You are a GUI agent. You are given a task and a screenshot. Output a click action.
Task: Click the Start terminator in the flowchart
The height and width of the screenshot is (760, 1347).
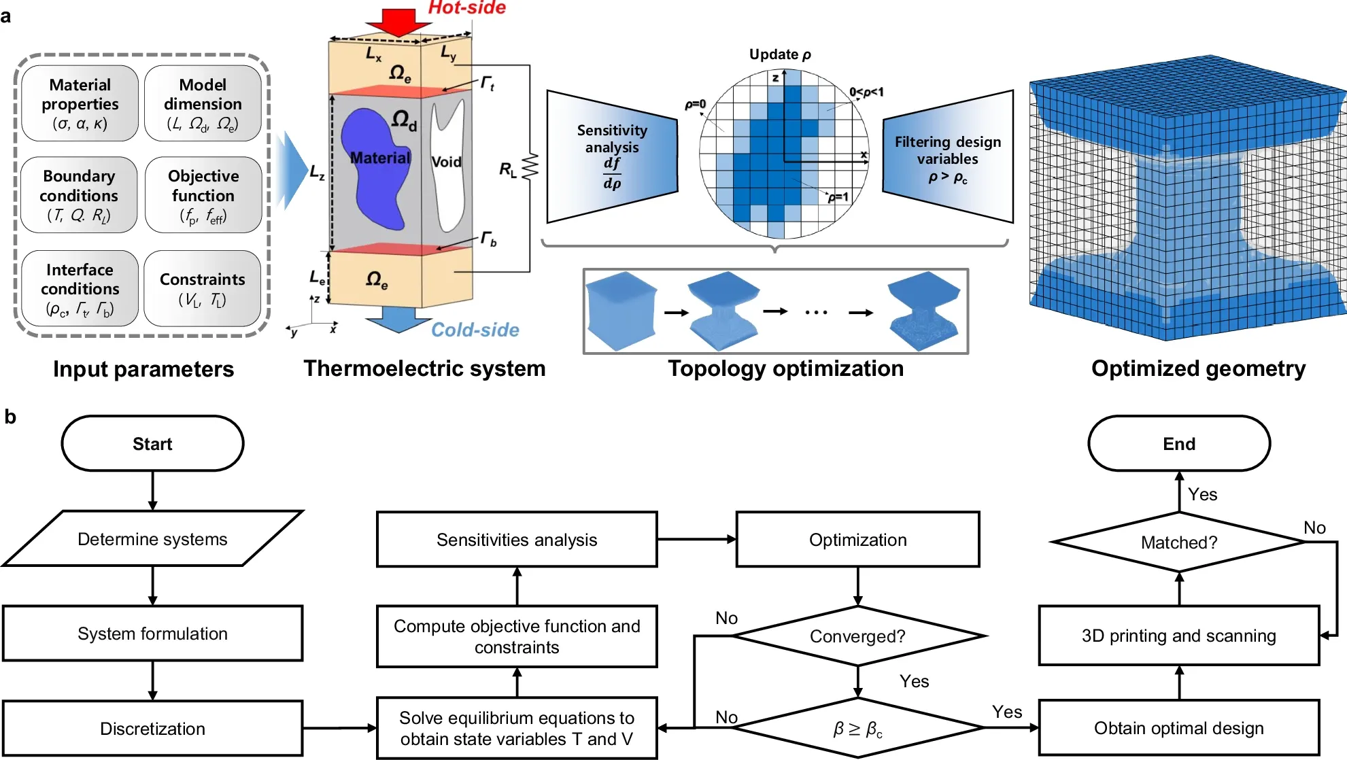point(152,444)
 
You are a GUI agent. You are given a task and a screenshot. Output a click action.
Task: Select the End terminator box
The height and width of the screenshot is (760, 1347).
point(1178,444)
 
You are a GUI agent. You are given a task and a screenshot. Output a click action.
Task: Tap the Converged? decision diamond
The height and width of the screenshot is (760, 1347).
point(857,636)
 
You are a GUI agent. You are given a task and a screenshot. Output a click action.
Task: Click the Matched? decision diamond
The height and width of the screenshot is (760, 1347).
point(1178,542)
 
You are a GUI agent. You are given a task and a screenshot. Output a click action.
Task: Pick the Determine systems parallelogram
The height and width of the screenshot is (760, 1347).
point(152,539)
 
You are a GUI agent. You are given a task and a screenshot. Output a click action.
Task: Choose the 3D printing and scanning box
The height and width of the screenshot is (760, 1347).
point(1178,636)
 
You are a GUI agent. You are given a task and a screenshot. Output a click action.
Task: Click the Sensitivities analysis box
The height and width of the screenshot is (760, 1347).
point(517,540)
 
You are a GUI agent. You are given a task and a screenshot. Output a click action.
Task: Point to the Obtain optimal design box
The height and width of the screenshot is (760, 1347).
point(1178,728)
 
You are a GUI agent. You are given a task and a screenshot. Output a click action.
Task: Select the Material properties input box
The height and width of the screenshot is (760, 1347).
point(80,103)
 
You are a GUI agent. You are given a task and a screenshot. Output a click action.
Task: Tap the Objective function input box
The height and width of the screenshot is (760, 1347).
point(203,196)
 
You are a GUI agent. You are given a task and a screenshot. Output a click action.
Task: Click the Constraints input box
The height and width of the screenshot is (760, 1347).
point(203,289)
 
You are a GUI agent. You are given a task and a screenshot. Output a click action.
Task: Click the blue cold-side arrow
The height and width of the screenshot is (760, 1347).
point(398,319)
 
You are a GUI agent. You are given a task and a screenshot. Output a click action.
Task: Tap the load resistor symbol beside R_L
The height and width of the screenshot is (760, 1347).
point(530,167)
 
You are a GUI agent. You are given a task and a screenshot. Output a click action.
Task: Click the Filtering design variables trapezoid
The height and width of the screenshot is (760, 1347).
point(948,158)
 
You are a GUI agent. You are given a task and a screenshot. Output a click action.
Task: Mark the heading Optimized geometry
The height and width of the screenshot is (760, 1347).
point(1198,368)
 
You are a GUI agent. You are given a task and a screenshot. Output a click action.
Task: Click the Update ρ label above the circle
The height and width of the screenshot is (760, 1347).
point(780,54)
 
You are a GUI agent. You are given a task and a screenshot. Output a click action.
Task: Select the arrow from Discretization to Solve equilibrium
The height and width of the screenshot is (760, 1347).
point(339,728)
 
